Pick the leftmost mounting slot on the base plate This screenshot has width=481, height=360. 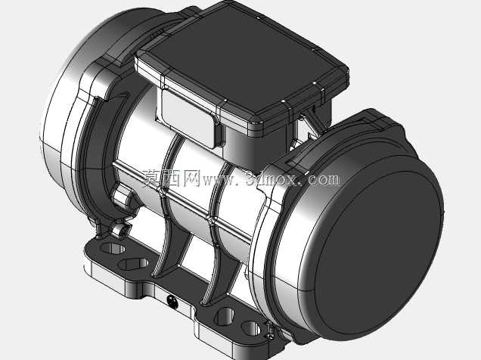click(x=113, y=248)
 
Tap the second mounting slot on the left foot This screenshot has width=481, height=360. click(x=133, y=264)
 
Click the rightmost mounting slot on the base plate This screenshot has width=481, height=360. click(x=251, y=327)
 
